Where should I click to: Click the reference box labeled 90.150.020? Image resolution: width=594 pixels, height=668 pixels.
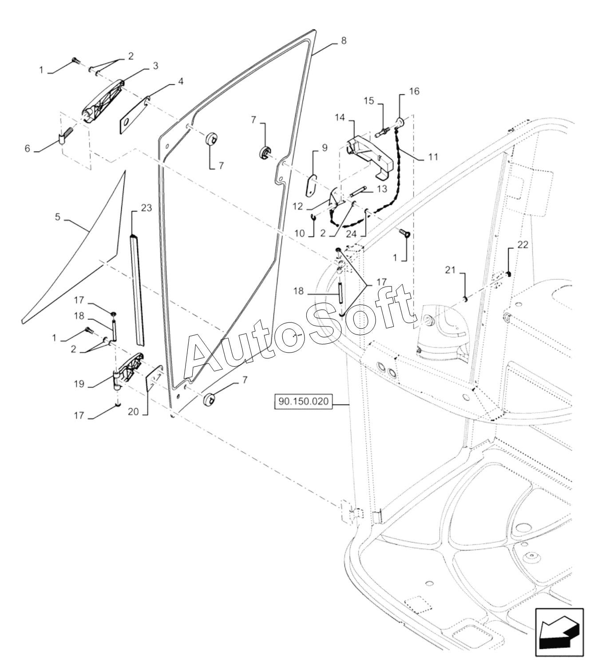[x=304, y=403]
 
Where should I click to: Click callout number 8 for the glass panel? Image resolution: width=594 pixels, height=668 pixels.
[x=344, y=40]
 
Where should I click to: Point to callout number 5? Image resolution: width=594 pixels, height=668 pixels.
[x=57, y=218]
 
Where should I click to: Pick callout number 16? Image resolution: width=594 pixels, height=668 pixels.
[x=414, y=91]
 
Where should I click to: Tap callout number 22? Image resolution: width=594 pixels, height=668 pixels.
[x=523, y=244]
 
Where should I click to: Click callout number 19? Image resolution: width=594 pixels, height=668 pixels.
[x=79, y=384]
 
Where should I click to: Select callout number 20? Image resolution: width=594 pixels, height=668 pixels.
[x=133, y=411]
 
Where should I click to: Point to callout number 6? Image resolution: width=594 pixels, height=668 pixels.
[x=28, y=148]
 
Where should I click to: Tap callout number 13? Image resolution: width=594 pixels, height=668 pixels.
[x=383, y=189]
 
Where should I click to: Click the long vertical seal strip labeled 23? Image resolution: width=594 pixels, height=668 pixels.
[x=137, y=288]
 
